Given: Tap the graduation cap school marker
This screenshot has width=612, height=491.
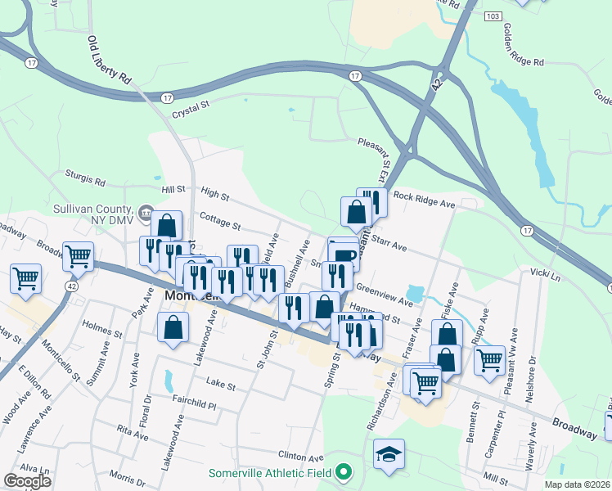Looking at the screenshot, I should click(389, 455).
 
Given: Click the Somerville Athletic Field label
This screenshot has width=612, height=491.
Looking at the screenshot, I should click(271, 473).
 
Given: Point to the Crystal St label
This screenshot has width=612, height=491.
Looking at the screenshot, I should click(191, 109).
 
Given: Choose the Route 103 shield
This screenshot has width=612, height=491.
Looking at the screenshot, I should click(492, 16).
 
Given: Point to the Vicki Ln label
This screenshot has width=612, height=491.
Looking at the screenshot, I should click(545, 271).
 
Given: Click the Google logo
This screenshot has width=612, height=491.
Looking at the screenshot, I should click(27, 481).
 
